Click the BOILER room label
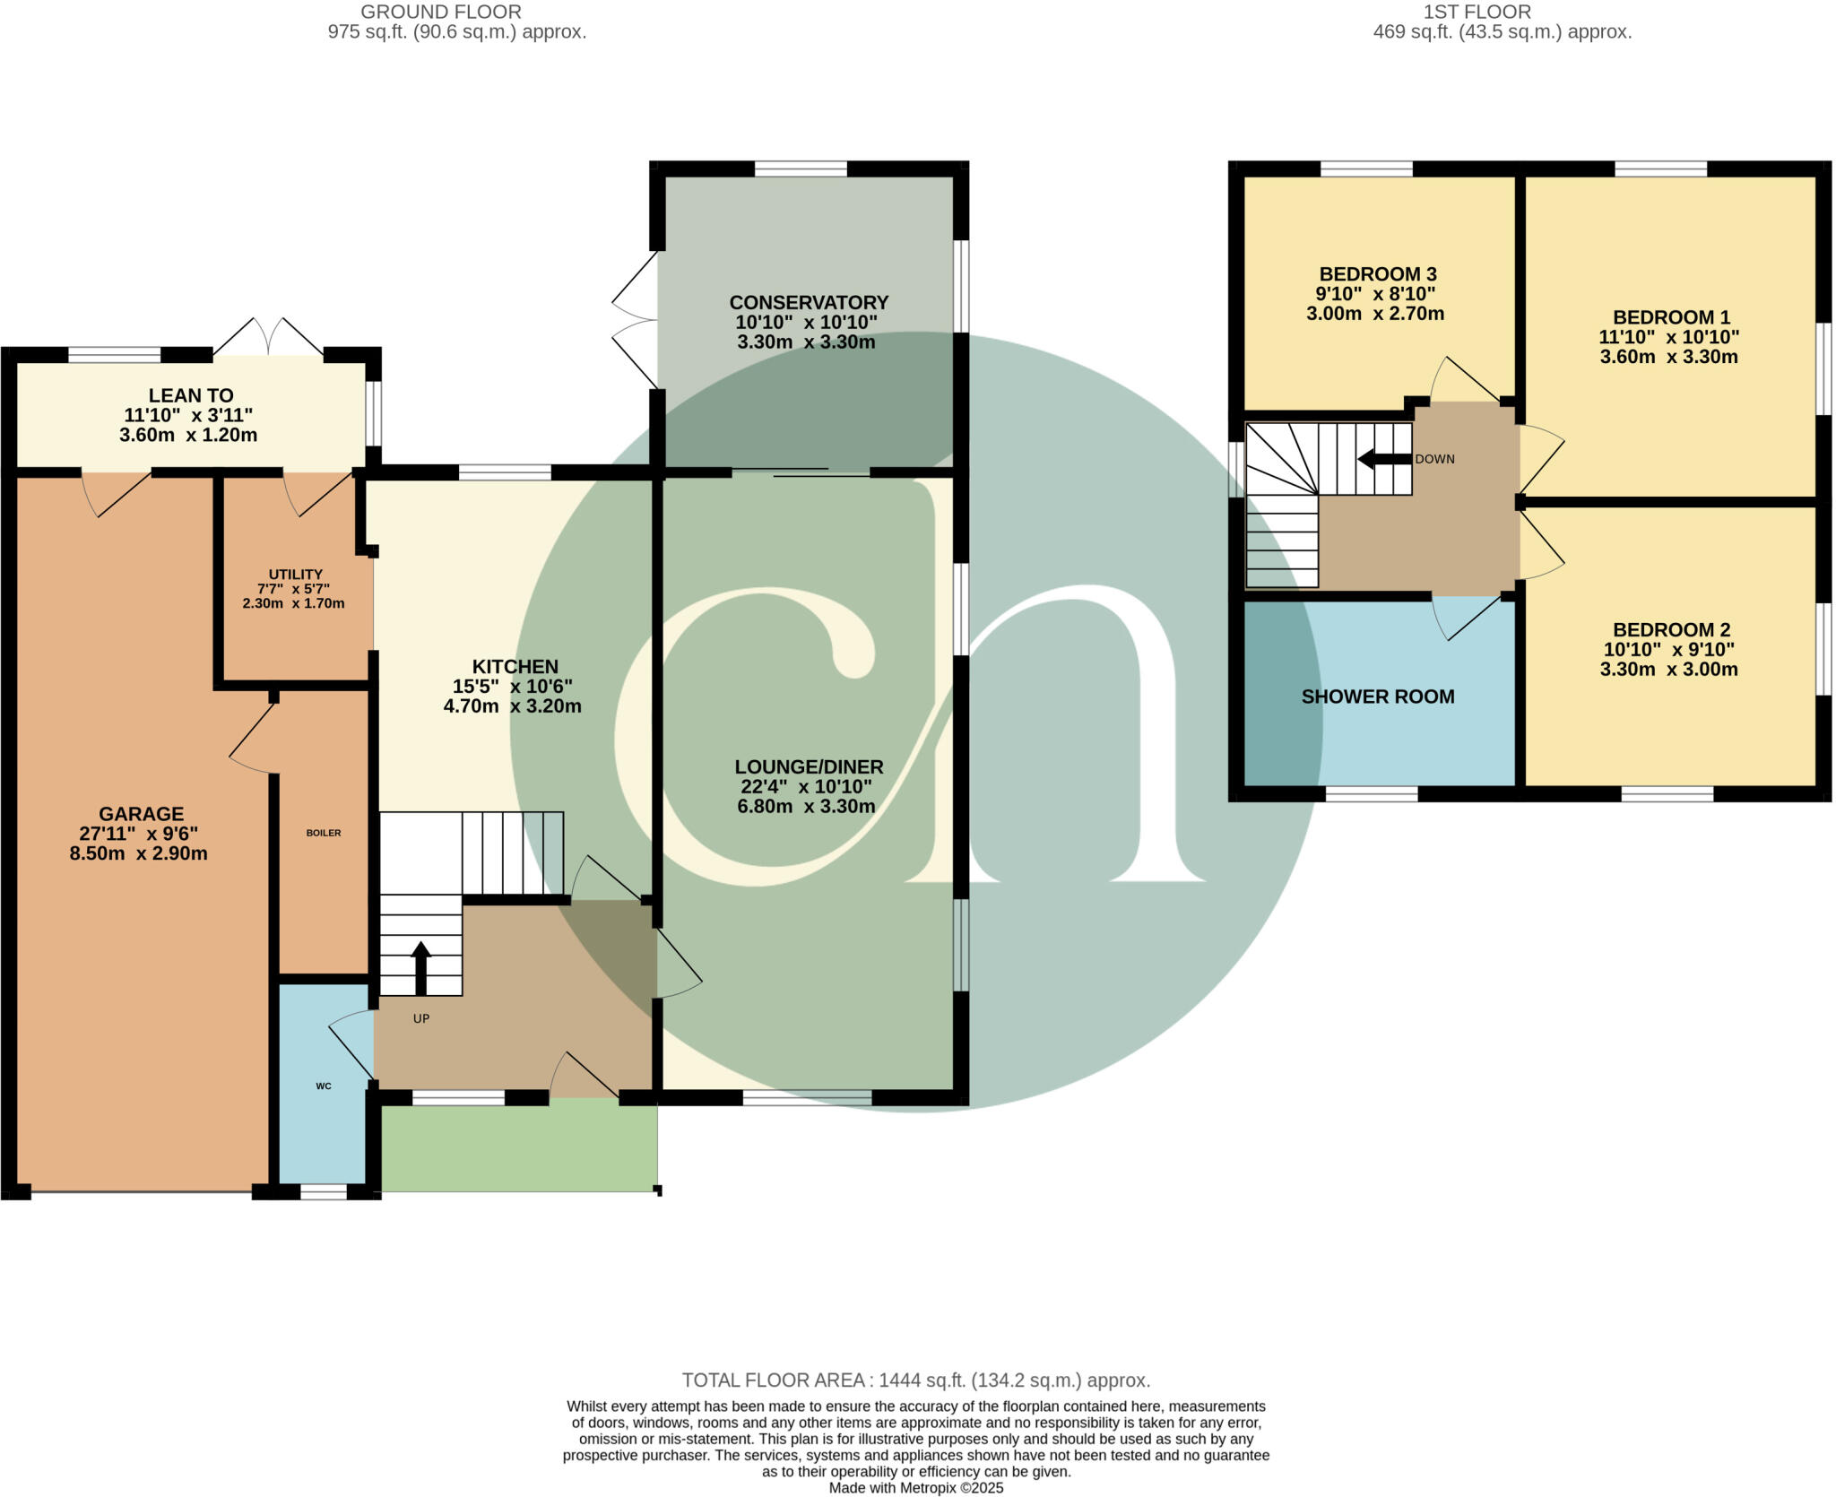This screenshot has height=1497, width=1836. tap(324, 833)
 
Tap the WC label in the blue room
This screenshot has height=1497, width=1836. tap(324, 1086)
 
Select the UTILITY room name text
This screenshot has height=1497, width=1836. tap(295, 575)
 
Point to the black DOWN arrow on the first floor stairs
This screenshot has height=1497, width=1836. tap(1382, 459)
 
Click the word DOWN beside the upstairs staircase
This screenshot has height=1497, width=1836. tap(1434, 459)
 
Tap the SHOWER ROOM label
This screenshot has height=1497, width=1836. tap(1377, 697)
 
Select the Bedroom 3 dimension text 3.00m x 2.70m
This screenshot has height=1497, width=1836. tap(1375, 314)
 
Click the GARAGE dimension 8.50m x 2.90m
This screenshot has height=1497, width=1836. tap(139, 853)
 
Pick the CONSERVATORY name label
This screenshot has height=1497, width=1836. tap(809, 302)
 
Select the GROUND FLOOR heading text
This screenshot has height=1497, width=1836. tap(440, 12)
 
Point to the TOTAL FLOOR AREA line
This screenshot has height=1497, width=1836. tap(915, 1380)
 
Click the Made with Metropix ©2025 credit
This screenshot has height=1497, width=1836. tap(915, 1488)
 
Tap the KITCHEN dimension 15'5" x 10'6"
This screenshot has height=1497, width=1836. tap(512, 687)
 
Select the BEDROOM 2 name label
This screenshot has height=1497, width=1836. tap(1671, 629)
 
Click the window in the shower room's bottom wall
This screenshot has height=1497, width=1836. tap(1372, 793)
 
